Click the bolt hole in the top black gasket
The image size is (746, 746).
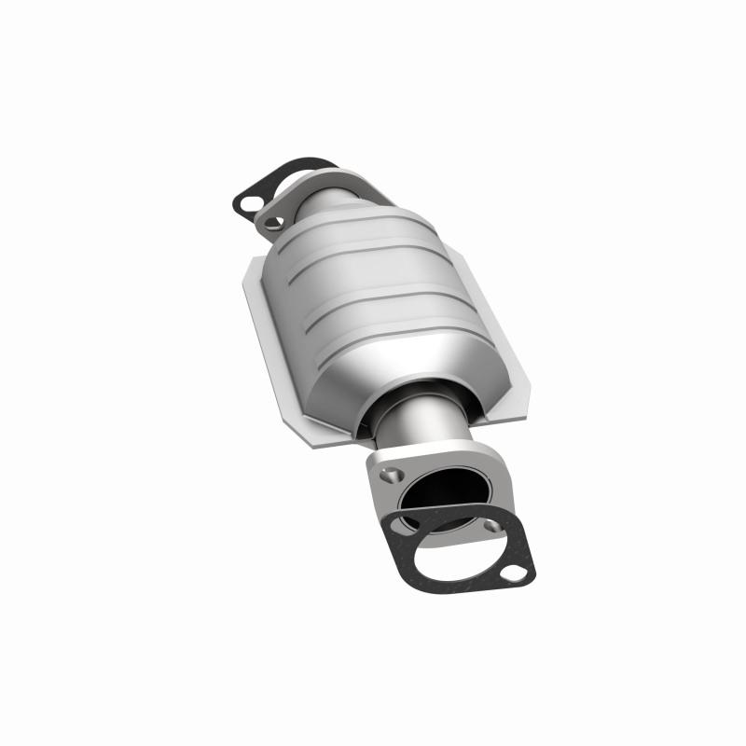249,201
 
